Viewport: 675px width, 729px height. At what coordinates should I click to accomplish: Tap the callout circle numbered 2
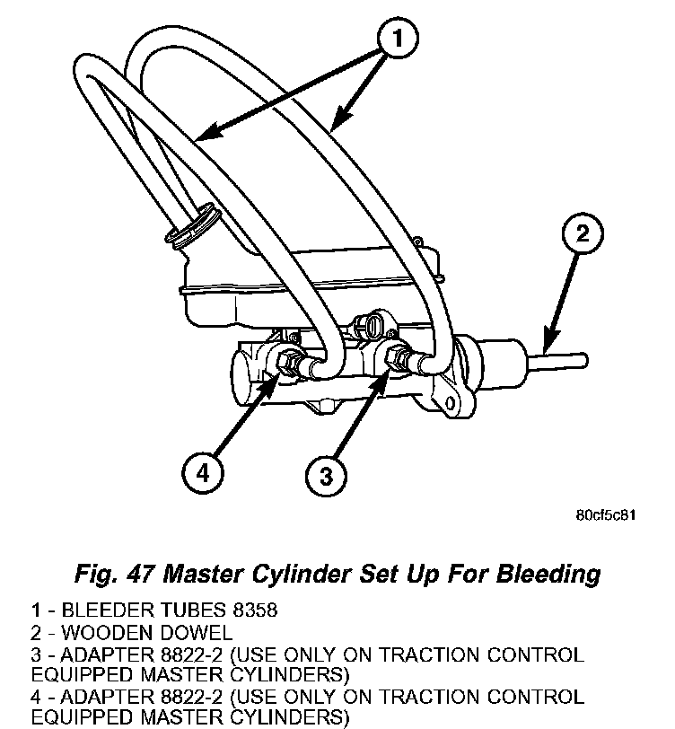582,235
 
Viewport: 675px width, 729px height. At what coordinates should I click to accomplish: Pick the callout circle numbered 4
205,472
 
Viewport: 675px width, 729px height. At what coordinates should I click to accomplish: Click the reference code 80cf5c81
606,516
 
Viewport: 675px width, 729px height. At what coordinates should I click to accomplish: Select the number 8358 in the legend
252,611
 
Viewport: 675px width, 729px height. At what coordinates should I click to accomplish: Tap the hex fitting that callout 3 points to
394,358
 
